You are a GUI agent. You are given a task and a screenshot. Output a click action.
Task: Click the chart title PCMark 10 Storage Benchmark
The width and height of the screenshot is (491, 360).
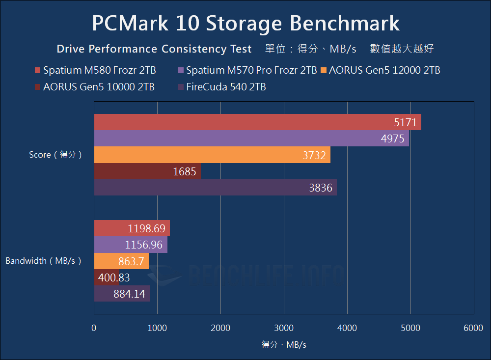(x=245, y=23)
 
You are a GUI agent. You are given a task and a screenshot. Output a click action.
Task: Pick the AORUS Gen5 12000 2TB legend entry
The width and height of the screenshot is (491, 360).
(x=380, y=70)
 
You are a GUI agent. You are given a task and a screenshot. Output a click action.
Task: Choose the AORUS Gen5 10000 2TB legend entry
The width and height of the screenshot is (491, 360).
(x=95, y=87)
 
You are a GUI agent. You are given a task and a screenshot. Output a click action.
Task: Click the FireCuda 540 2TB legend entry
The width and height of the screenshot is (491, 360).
(x=222, y=87)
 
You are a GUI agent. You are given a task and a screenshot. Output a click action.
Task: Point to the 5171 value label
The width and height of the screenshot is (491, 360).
(x=405, y=122)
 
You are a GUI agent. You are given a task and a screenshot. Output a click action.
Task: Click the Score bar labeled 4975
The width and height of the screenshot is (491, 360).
(x=251, y=138)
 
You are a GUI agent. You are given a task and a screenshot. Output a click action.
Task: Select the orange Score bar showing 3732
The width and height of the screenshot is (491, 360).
(x=212, y=155)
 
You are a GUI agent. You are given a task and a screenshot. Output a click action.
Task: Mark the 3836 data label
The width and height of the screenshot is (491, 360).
(x=321, y=188)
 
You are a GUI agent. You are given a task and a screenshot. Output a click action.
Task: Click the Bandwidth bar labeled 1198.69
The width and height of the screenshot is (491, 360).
(x=132, y=228)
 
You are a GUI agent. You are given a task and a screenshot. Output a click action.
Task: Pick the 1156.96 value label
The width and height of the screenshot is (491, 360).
(x=143, y=245)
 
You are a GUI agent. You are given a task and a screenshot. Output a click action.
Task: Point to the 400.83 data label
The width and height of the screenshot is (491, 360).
(x=114, y=277)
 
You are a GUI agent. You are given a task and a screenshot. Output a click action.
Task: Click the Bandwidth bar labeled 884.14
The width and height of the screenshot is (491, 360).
(x=122, y=294)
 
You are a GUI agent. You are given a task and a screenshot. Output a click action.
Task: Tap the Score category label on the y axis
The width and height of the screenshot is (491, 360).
(x=55, y=155)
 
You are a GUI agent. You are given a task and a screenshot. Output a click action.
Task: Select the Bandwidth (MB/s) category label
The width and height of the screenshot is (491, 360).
(x=43, y=261)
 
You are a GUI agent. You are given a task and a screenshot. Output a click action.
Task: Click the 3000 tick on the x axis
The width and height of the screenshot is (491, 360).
(x=284, y=329)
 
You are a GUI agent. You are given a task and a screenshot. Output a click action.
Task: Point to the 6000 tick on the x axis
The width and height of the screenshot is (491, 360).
(x=473, y=329)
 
